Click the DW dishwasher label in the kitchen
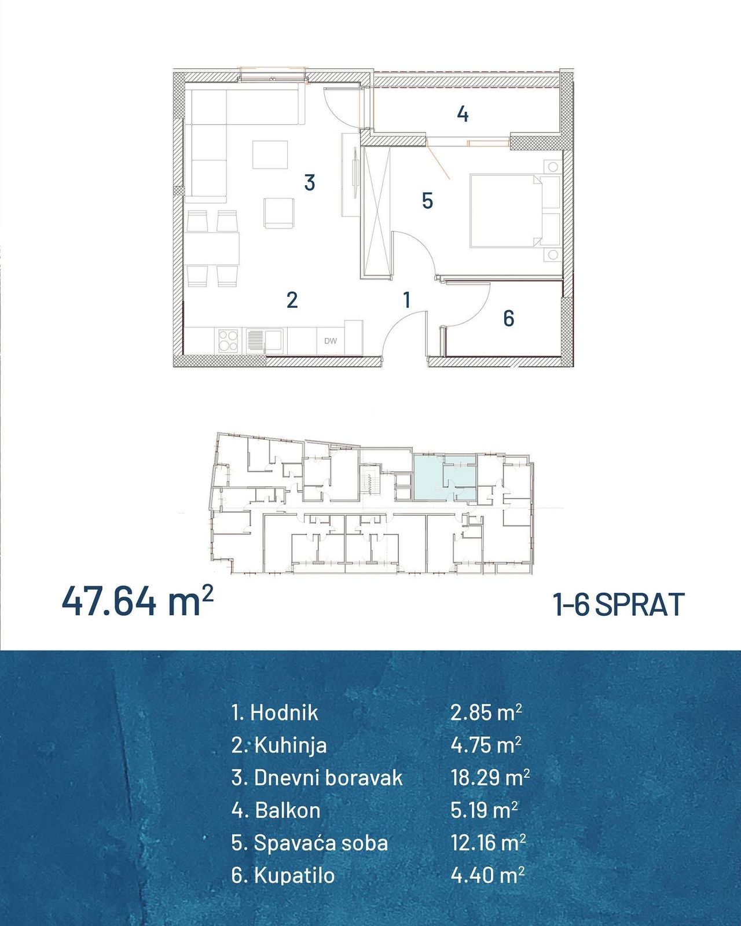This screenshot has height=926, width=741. (x=330, y=341)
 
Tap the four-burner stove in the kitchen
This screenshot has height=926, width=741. (x=228, y=341)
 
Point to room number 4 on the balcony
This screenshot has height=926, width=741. (x=463, y=114)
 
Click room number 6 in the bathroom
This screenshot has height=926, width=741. (x=508, y=318)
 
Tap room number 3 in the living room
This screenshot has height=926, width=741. (x=310, y=182)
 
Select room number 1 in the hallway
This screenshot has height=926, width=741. (x=406, y=299)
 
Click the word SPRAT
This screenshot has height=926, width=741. (x=640, y=605)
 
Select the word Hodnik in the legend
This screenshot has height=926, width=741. (x=284, y=712)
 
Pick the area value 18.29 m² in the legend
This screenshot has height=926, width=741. (x=490, y=777)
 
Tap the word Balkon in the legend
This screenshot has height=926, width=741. (x=288, y=810)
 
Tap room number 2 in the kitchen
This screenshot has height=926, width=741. (x=292, y=300)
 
